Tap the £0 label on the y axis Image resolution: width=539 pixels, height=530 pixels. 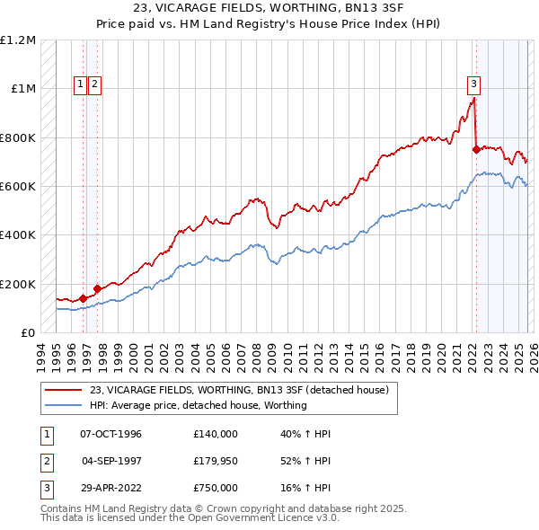pyautogui.click(x=29, y=332)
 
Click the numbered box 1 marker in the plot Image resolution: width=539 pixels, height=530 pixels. pyautogui.click(x=81, y=84)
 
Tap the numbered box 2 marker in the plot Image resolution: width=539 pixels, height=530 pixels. pyautogui.click(x=95, y=84)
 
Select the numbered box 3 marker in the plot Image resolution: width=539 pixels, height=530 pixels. pyautogui.click(x=473, y=84)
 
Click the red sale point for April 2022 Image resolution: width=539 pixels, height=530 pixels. pyautogui.click(x=475, y=151)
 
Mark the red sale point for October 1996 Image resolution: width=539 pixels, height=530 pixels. pyautogui.click(x=83, y=298)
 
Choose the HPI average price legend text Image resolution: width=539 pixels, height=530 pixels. pyautogui.click(x=198, y=405)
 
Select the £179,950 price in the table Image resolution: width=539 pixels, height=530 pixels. pyautogui.click(x=216, y=461)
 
